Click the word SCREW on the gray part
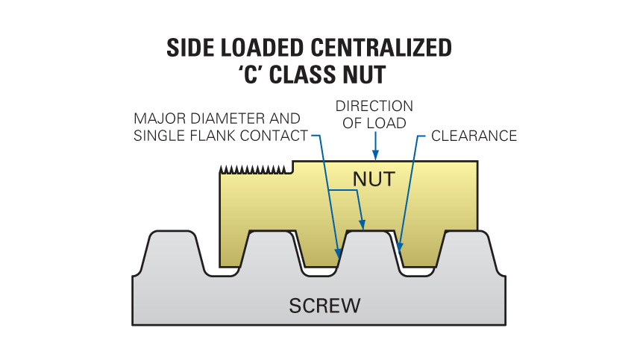click(x=324, y=305)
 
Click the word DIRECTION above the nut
click(x=374, y=106)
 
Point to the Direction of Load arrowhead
click(x=376, y=156)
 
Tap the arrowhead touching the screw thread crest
click(x=363, y=224)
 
